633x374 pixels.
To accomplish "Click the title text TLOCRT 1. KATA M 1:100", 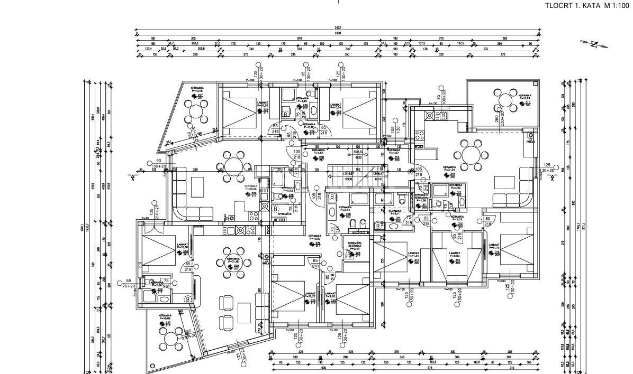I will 586,5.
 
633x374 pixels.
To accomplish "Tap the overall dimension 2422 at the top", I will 338,28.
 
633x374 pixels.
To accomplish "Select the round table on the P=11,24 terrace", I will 507,100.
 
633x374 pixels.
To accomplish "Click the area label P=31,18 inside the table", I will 233,261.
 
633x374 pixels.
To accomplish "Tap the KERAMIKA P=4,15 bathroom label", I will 302,100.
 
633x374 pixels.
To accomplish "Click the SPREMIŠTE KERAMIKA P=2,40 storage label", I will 354,246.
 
